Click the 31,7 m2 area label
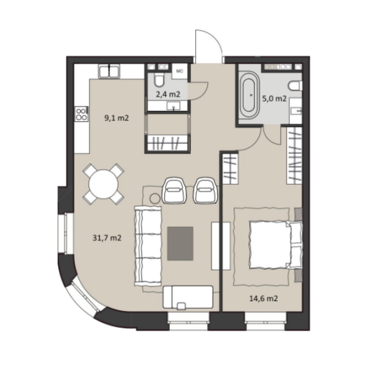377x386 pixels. click(x=107, y=238)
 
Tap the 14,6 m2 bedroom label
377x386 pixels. click(x=264, y=298)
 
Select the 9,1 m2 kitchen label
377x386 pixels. click(x=117, y=118)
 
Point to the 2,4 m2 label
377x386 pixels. click(x=168, y=94)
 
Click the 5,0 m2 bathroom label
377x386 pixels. click(x=275, y=99)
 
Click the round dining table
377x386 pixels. click(x=103, y=184)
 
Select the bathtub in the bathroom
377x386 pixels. click(x=251, y=95)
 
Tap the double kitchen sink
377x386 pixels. click(x=109, y=71)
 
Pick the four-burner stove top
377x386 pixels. click(x=81, y=114)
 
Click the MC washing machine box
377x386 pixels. click(x=180, y=71)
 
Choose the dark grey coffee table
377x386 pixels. click(x=180, y=244)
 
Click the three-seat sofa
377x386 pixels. click(x=147, y=246)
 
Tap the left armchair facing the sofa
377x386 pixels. click(x=173, y=190)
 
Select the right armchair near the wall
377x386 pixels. click(x=206, y=190)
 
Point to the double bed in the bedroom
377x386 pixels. click(x=276, y=244)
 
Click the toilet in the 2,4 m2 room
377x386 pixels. click(x=159, y=79)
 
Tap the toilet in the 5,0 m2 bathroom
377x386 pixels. click(x=295, y=86)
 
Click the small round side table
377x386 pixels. click(x=155, y=199)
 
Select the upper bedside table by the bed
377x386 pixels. click(x=298, y=214)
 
